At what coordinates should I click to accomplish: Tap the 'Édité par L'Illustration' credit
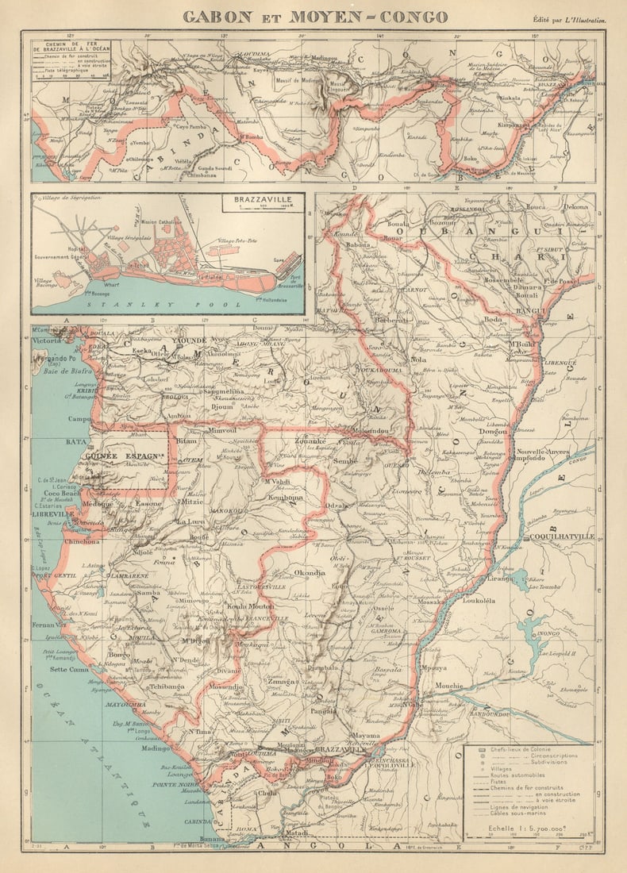569,18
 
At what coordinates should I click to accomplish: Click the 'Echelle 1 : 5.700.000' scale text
525,826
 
